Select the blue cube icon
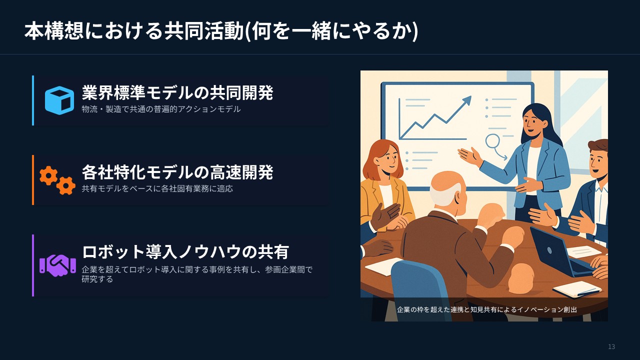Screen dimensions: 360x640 59,100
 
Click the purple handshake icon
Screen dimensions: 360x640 57,264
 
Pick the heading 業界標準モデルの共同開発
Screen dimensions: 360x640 177,92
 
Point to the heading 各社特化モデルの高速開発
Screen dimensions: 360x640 177,172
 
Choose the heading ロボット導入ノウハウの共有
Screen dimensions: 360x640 185,251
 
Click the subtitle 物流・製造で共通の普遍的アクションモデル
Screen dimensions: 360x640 161,109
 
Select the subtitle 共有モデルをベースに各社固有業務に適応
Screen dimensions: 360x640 157,189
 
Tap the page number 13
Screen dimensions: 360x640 611,347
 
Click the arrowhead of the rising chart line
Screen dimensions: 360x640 467,100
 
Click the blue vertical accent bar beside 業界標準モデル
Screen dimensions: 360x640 33,100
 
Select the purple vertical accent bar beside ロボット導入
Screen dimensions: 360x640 33,265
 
